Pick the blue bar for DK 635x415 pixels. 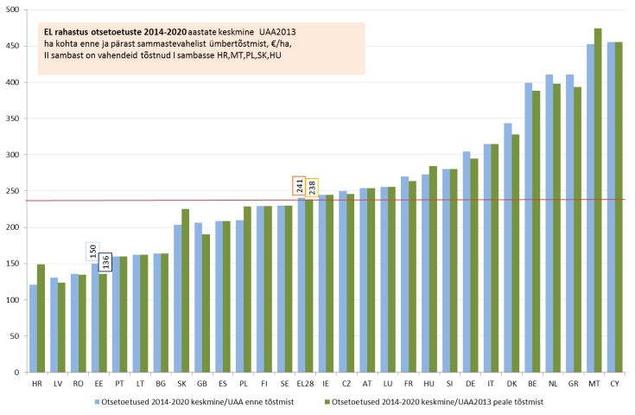pyautogui.click(x=508, y=248)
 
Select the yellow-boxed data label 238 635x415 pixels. pyautogui.click(x=312, y=188)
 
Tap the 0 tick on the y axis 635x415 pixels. pyautogui.click(x=18, y=373)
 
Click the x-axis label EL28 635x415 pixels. pyautogui.click(x=305, y=383)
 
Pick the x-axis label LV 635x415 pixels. pyautogui.click(x=58, y=383)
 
